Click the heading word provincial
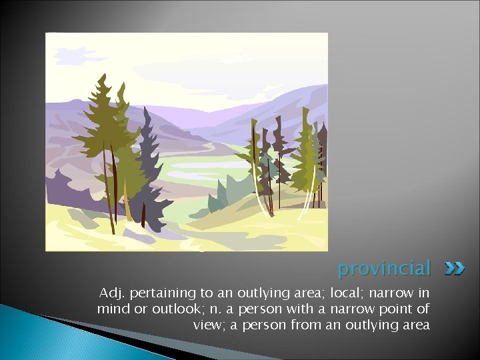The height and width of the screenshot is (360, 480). point(384,269)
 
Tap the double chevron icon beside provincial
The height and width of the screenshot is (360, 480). point(454,269)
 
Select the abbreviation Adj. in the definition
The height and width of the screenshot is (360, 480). point(111,293)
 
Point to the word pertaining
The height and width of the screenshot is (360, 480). point(159,293)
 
